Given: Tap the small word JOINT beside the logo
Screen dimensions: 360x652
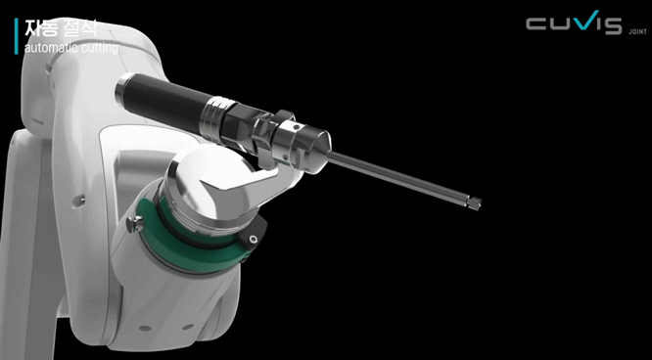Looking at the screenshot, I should [x=635, y=31].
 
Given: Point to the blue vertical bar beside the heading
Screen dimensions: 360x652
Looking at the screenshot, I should [x=16, y=35].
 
